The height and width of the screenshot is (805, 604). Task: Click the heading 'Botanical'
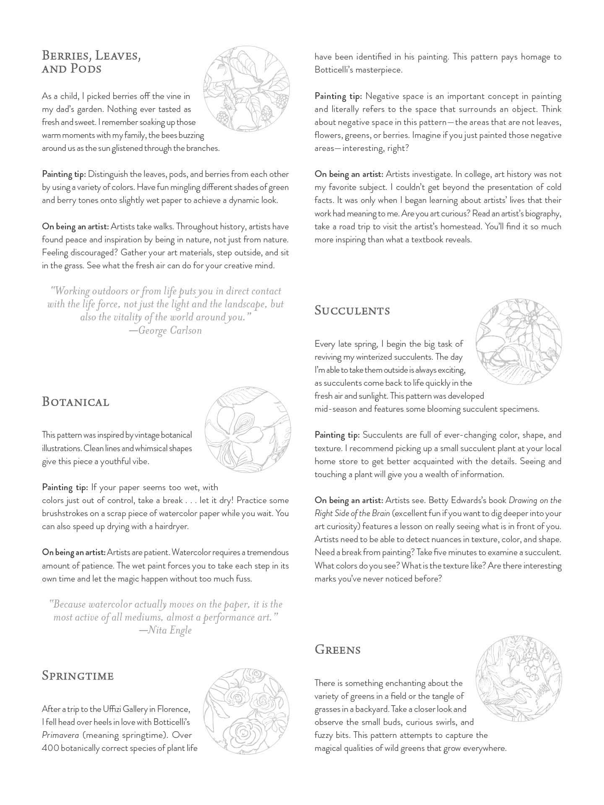75,402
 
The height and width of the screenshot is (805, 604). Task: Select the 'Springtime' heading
78,675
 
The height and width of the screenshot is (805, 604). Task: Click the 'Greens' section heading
338,649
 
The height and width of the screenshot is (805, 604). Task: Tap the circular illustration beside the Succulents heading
519,341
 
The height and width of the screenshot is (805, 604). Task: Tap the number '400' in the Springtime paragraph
50,748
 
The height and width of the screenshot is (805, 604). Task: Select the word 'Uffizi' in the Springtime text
115,709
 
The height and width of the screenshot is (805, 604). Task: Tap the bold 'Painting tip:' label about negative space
338,96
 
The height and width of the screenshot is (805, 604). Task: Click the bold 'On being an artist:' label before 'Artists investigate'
349,174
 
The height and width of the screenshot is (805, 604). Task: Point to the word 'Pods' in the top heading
86,68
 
